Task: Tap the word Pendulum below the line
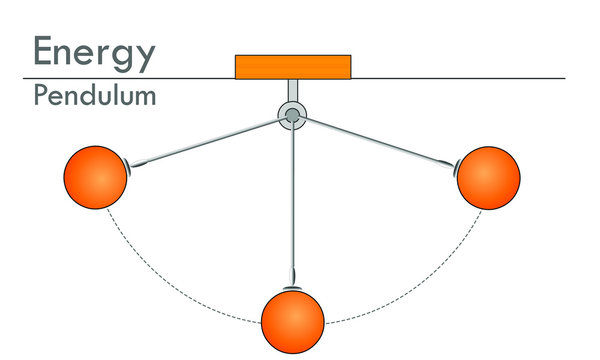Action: [x=94, y=97]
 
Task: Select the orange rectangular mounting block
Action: [x=292, y=66]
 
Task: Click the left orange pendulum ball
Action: [x=95, y=176]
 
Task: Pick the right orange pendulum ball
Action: [x=489, y=177]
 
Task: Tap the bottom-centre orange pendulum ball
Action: [x=293, y=322]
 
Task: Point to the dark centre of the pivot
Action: [x=292, y=117]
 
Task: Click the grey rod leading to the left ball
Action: [x=210, y=141]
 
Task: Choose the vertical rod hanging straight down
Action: [x=293, y=200]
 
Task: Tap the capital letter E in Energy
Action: [x=45, y=51]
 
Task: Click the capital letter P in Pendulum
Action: [x=40, y=97]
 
